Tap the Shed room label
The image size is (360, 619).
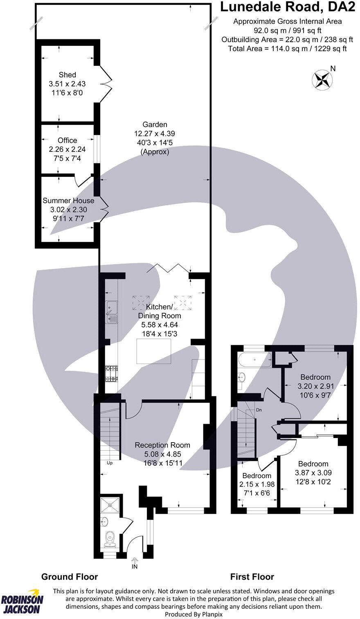point(67,75)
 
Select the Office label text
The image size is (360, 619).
point(67,140)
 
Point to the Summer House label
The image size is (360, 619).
point(68,201)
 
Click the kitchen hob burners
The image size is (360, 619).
point(111,373)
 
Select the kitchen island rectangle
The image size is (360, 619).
point(154,351)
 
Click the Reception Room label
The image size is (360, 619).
point(162,445)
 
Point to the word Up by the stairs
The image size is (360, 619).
point(110,463)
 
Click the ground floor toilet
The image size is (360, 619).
point(110,538)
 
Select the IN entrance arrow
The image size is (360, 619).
point(135,563)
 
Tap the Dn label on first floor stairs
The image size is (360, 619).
point(259,410)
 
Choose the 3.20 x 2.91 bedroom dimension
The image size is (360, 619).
point(315,386)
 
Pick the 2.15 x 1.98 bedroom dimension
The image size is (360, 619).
point(256,484)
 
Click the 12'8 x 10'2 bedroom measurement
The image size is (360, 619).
point(313,482)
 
